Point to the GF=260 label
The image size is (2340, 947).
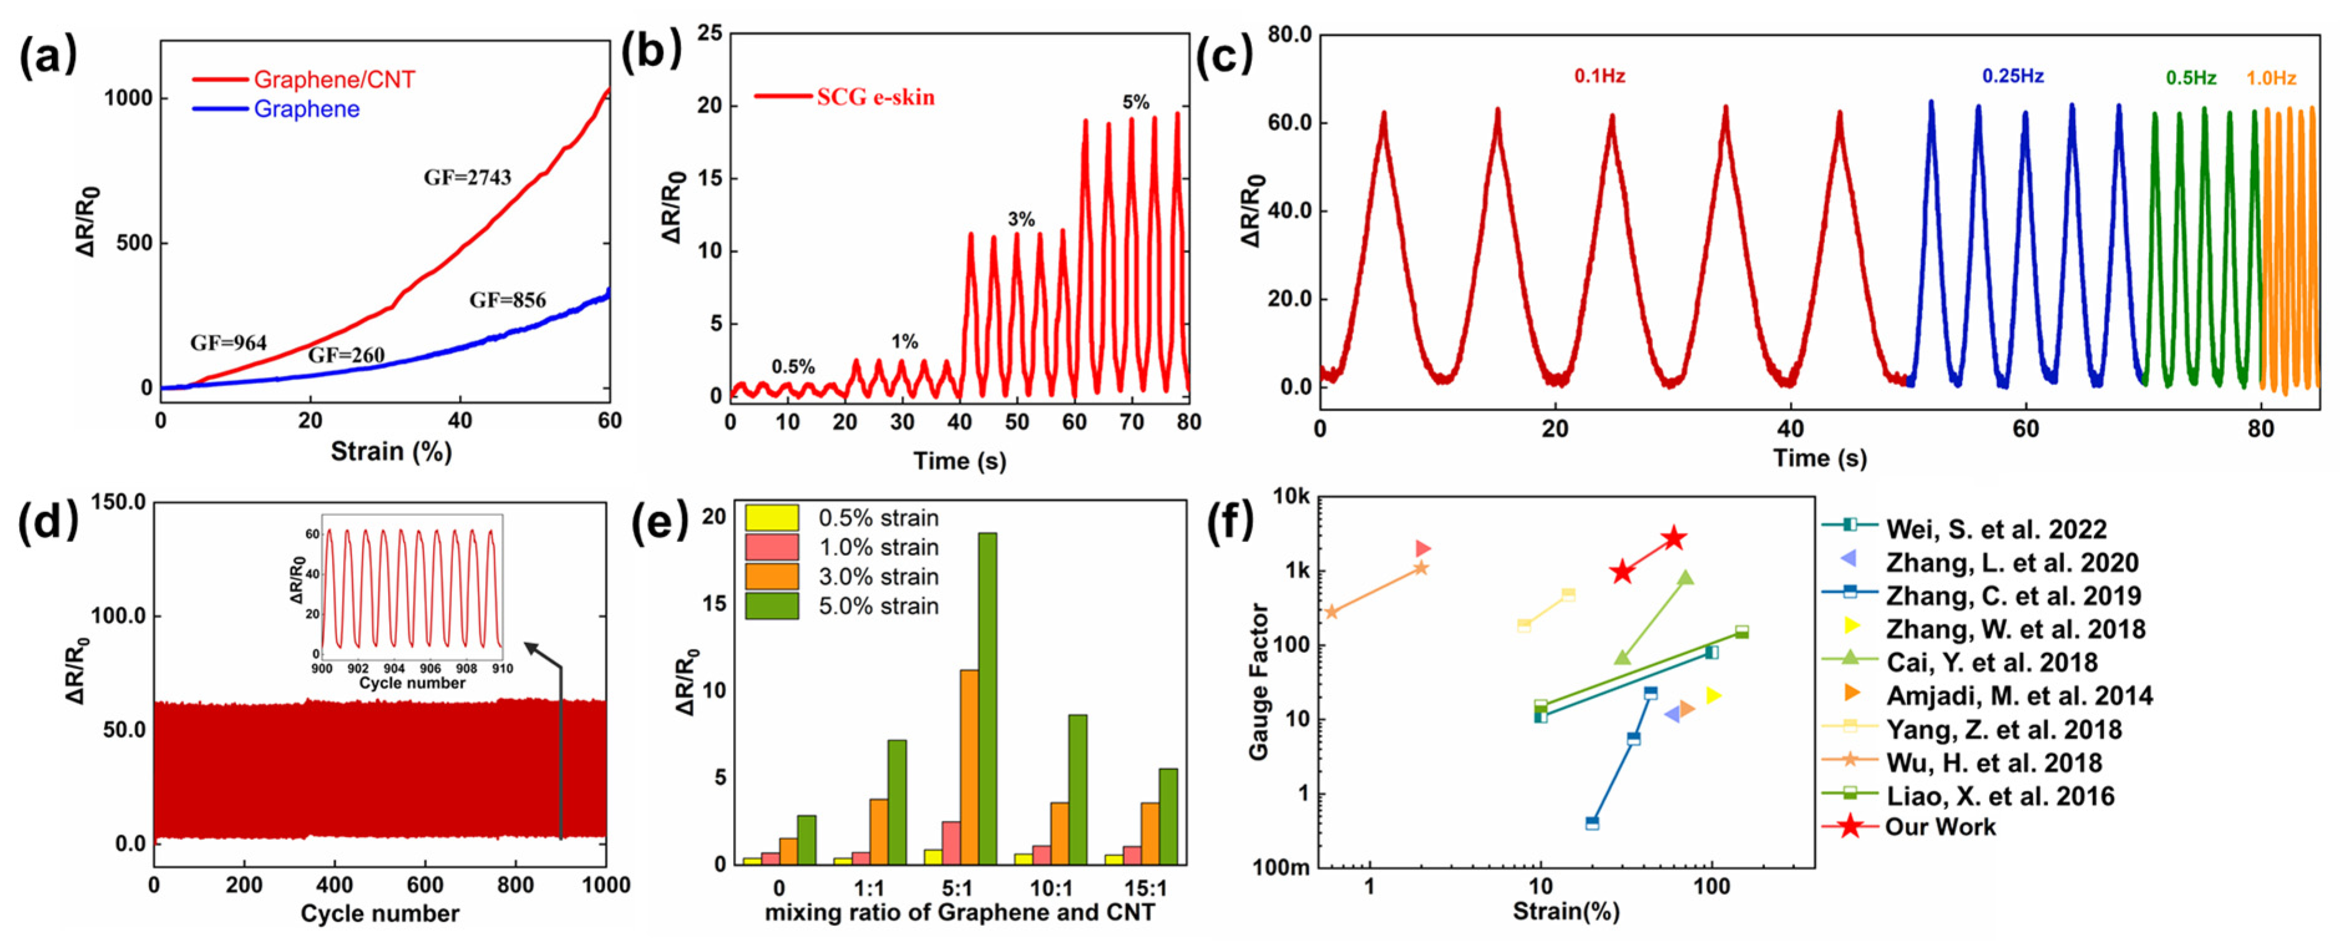[346, 355]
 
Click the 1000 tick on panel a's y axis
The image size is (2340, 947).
[127, 98]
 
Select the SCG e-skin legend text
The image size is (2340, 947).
[874, 97]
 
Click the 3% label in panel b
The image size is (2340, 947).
[1021, 219]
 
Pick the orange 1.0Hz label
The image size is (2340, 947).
[2271, 78]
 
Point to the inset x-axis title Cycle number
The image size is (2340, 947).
[412, 683]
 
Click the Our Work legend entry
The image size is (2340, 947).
[1940, 827]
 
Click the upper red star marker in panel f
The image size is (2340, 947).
[1673, 538]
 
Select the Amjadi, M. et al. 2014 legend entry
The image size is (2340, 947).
[2019, 696]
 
